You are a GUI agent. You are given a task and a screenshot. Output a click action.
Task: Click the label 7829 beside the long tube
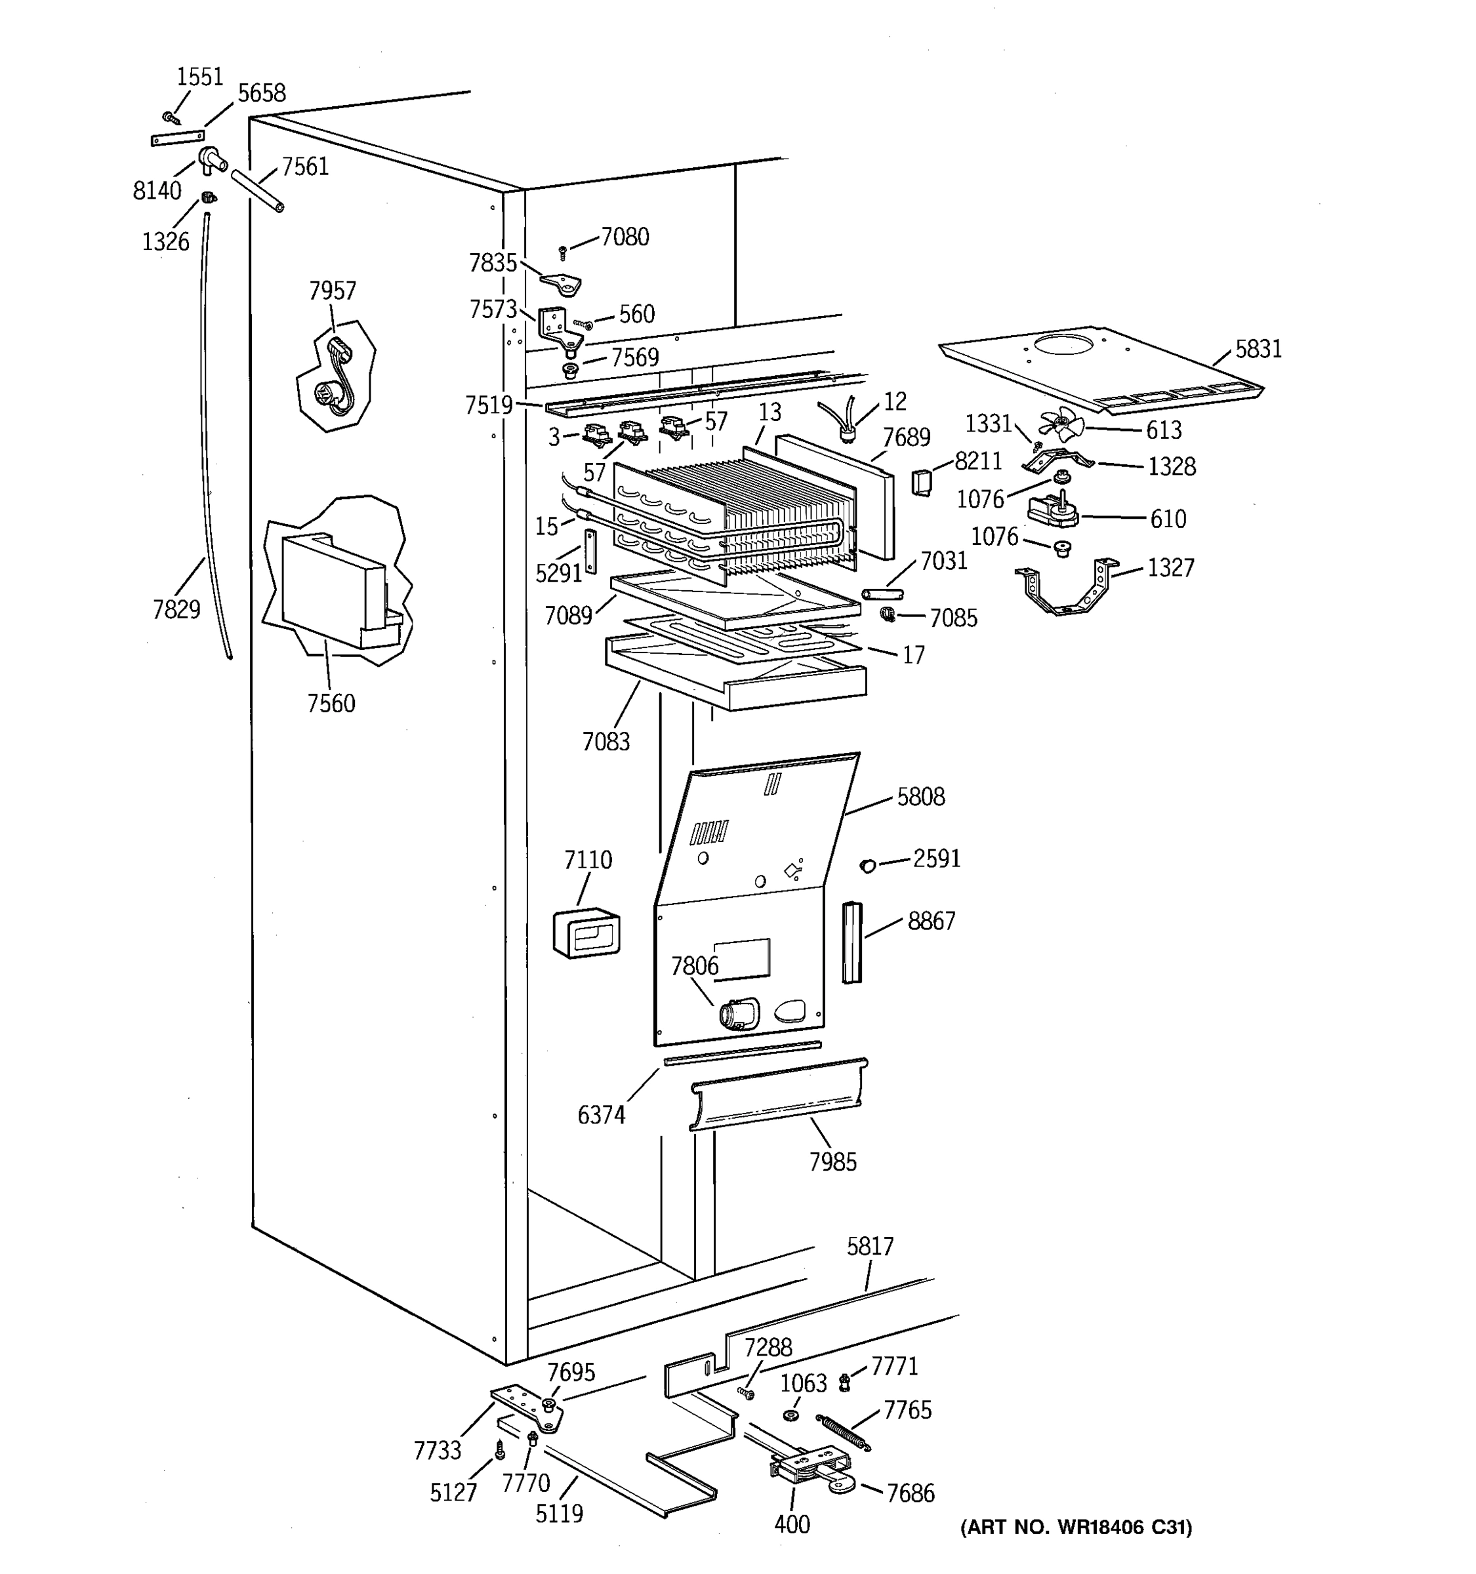click(176, 610)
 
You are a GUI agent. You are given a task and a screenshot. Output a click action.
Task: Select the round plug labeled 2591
click(868, 864)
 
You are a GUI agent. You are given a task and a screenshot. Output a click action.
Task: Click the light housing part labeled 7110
click(586, 935)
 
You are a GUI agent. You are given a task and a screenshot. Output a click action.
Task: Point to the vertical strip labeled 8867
click(851, 942)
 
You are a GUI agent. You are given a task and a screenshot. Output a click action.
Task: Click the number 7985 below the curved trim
click(832, 1161)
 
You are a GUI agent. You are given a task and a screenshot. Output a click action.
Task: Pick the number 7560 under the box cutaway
click(331, 703)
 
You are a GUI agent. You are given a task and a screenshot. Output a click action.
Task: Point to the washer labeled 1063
click(790, 1415)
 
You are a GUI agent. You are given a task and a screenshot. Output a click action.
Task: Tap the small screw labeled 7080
click(562, 252)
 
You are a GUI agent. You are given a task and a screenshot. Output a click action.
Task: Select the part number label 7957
click(333, 291)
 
